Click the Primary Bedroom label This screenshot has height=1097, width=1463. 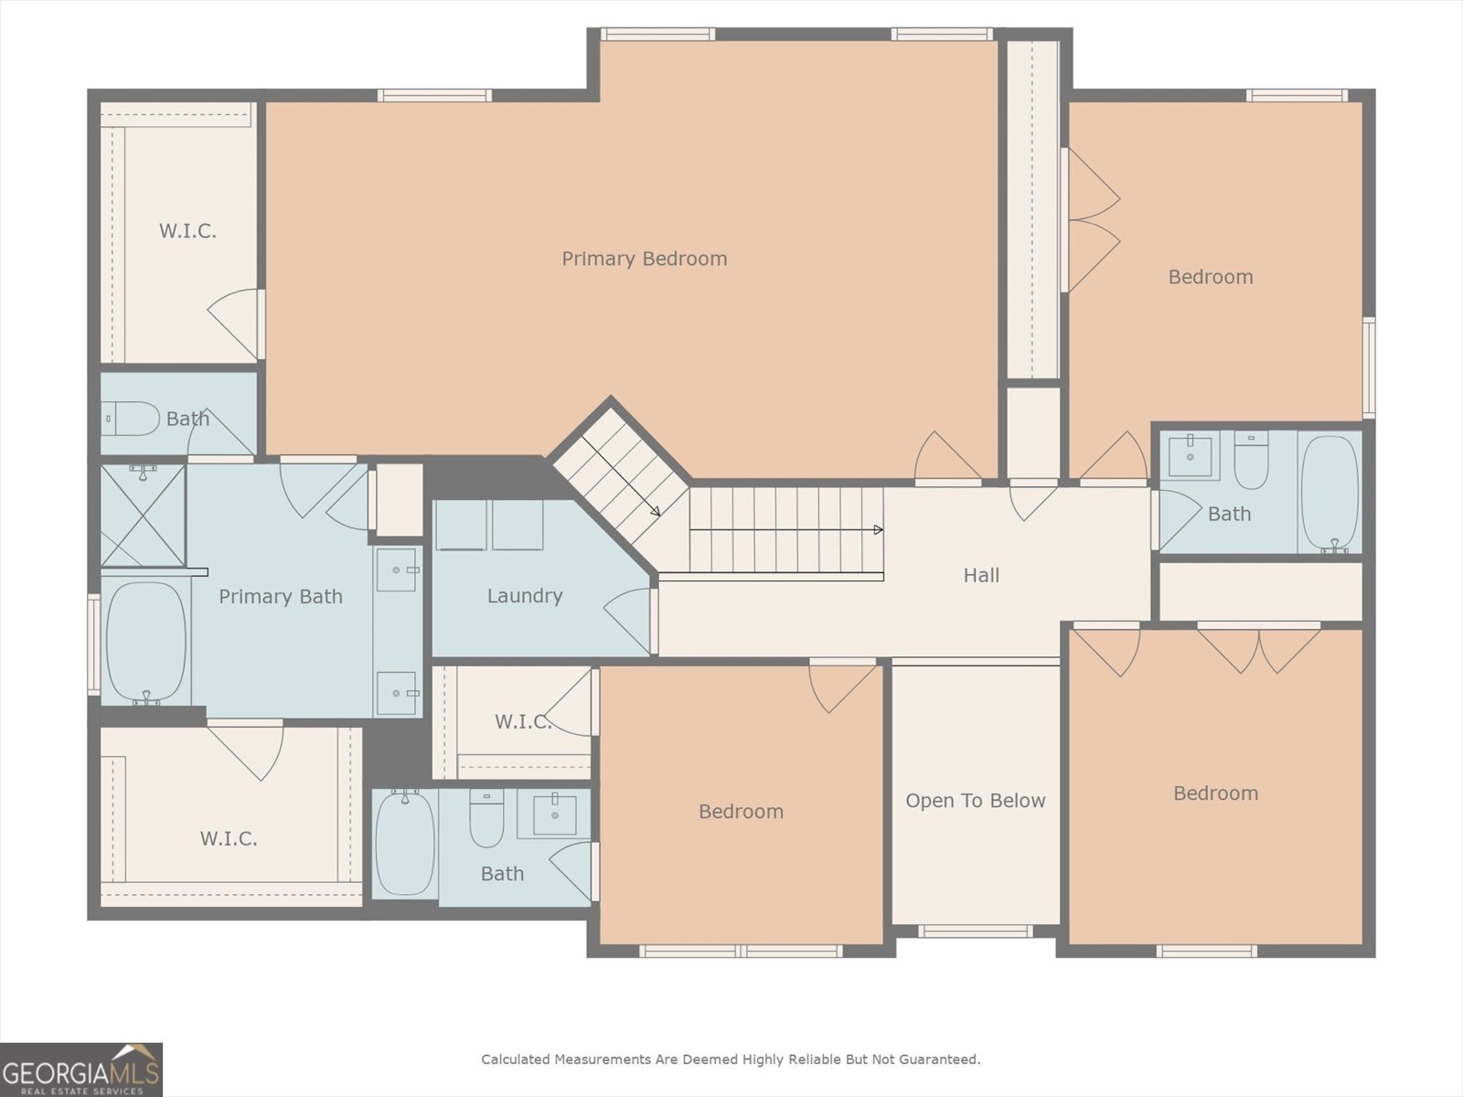point(644,259)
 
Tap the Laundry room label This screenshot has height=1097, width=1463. point(524,596)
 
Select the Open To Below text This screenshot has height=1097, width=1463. point(975,801)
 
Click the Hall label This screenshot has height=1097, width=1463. point(981,575)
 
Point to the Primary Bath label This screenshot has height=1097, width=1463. point(280,597)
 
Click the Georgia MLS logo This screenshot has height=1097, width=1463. point(81,1070)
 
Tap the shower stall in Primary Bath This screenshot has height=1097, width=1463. point(143,516)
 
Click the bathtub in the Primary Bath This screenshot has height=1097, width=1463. point(145,642)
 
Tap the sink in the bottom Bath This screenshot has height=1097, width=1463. point(553,813)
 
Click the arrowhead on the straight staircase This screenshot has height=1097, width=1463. point(878,530)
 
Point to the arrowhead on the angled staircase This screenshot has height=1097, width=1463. point(656,512)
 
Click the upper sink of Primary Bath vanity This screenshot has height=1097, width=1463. point(397,570)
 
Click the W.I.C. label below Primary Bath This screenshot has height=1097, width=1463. point(229,838)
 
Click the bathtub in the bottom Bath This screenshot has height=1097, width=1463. point(405,843)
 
